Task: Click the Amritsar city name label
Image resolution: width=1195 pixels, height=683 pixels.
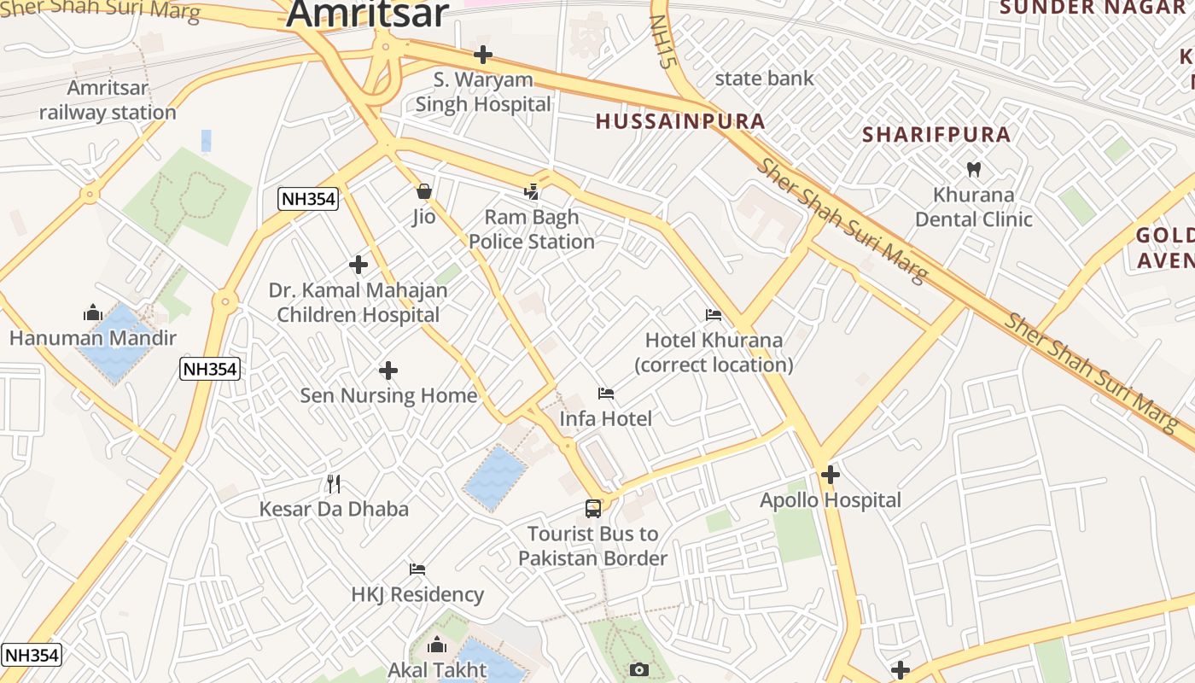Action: (367, 14)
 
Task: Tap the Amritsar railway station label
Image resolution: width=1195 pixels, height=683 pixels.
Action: (108, 100)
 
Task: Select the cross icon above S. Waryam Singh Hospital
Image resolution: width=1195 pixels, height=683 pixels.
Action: (483, 55)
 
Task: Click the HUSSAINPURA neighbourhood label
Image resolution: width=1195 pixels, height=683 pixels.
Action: (680, 121)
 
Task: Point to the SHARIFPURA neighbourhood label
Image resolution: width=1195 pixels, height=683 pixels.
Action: (936, 134)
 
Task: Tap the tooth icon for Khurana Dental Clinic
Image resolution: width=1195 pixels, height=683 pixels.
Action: (972, 169)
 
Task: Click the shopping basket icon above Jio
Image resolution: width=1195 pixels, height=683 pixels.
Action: (424, 191)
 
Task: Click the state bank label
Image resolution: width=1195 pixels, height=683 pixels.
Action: (764, 79)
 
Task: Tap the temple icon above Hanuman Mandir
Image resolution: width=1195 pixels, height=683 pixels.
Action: (92, 312)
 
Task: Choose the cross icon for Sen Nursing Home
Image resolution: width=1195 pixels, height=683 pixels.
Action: (388, 371)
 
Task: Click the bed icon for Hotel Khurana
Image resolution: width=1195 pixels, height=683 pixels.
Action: (714, 315)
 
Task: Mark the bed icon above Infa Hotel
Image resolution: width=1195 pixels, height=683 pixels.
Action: (606, 394)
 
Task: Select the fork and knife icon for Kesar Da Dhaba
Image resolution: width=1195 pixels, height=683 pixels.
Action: (334, 484)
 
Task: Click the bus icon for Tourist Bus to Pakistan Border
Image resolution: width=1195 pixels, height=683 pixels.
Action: (593, 509)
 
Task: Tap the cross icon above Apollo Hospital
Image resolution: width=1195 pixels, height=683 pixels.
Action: (831, 475)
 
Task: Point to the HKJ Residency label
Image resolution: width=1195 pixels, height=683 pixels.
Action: (417, 594)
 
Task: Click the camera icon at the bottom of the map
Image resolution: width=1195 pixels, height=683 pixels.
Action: (639, 669)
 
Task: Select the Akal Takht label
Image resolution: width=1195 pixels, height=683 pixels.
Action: (437, 669)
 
